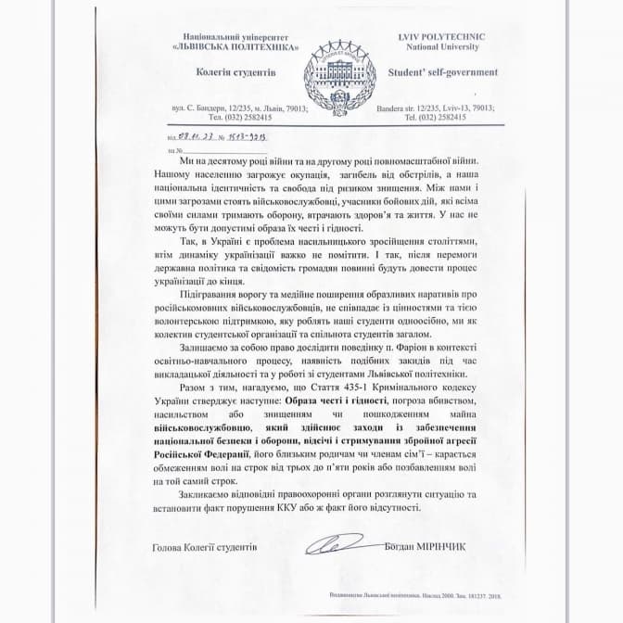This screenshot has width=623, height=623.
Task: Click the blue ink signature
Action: (x=339, y=544)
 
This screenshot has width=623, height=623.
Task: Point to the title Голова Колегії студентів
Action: (x=204, y=547)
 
